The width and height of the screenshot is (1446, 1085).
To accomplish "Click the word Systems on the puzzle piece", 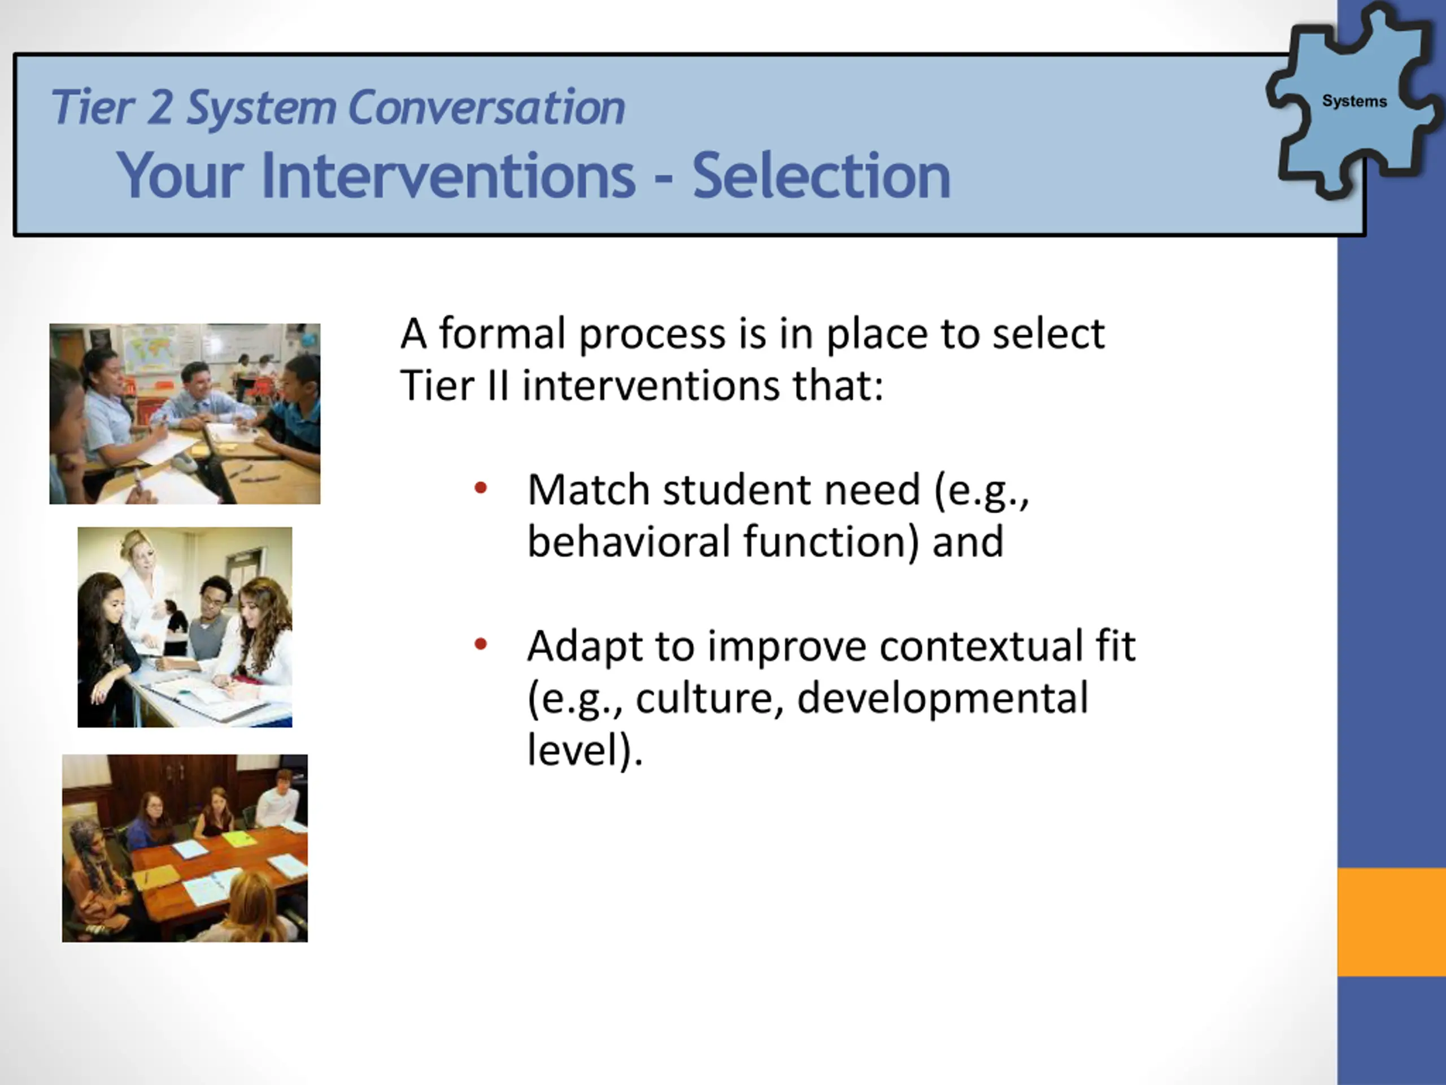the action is point(1354,101).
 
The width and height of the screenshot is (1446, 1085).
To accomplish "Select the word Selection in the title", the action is point(821,175).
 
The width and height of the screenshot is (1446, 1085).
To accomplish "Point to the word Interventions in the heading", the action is point(448,175).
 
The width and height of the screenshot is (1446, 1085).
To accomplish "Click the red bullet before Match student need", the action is point(481,487).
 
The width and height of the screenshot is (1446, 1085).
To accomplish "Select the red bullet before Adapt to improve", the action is point(481,644).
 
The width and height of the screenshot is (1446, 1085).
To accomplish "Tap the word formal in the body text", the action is point(502,333).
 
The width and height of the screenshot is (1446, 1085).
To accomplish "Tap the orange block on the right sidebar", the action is point(1392,922).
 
